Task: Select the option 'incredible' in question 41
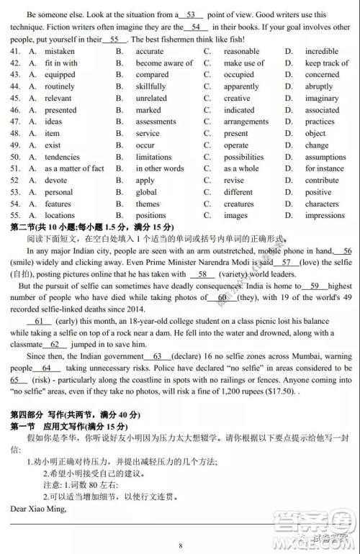pyautogui.click(x=321, y=51)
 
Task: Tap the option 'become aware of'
pyautogui.click(x=164, y=63)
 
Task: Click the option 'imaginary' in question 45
pyautogui.click(x=321, y=99)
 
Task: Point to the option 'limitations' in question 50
pyautogui.click(x=153, y=157)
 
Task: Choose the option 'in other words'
pyautogui.click(x=159, y=168)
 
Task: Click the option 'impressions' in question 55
pyautogui.click(x=325, y=215)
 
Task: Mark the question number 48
pyautogui.click(x=15, y=133)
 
